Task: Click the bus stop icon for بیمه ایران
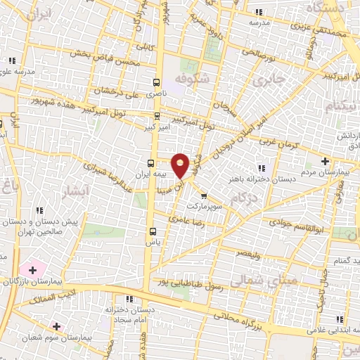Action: click(150, 164)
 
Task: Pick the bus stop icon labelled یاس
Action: click(152, 231)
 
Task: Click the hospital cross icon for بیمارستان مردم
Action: click(324, 161)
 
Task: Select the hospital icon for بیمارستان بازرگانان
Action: click(32, 269)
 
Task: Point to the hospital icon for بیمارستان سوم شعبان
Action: click(56, 326)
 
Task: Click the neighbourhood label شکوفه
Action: click(192, 79)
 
